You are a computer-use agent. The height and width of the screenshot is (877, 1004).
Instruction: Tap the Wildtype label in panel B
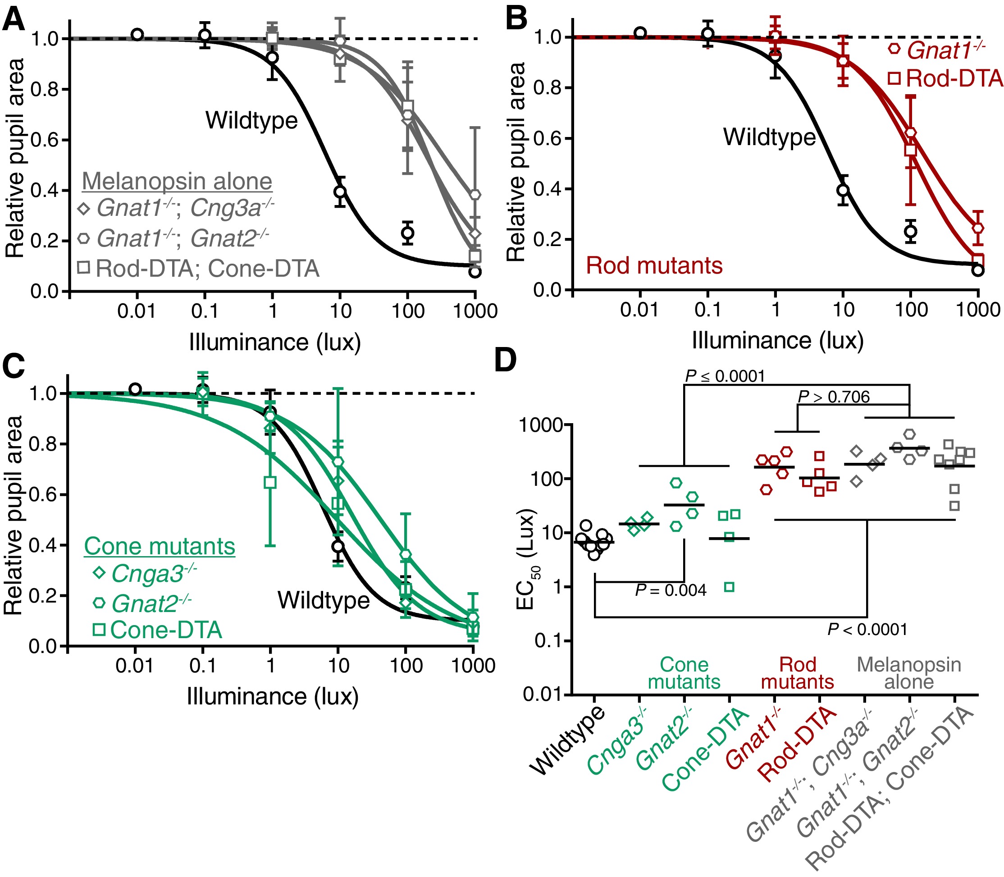tap(769, 137)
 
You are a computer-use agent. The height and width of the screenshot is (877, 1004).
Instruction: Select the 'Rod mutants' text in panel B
tap(654, 266)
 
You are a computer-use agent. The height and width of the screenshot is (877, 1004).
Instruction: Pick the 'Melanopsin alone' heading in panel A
tap(177, 182)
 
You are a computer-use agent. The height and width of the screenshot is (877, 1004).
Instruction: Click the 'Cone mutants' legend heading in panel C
tap(160, 546)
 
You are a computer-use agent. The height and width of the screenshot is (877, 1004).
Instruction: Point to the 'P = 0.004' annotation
tap(671, 591)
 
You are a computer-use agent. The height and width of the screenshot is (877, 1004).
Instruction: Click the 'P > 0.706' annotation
tap(834, 397)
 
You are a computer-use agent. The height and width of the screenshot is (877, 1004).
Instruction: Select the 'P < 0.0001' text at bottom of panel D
tap(867, 630)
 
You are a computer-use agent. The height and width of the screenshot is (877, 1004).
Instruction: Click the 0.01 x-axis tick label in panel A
tap(137, 311)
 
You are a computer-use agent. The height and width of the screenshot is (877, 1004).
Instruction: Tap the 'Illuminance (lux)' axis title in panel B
tap(777, 341)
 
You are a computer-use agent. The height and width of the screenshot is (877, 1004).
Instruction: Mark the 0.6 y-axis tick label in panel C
tap(44, 495)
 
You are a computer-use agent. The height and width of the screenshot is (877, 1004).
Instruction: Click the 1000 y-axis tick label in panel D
tap(541, 425)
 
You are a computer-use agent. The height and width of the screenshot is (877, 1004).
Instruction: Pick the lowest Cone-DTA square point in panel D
tap(729, 587)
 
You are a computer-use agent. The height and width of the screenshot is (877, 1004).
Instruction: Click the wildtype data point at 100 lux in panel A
tap(407, 232)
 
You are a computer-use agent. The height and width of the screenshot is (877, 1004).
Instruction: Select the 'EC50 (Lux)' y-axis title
tap(527, 559)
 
